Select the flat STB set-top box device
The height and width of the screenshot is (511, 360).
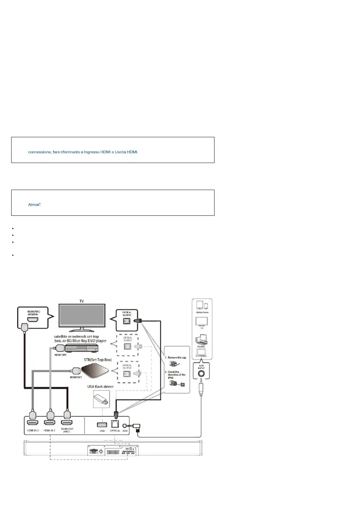pos(92,369)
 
